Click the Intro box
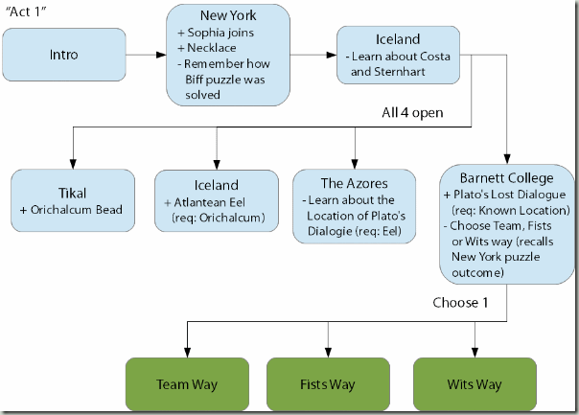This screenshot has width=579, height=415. coord(63,55)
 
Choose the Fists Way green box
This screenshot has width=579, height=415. coord(327,384)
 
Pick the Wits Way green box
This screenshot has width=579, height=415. coord(474,384)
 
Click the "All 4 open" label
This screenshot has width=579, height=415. coord(424,113)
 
